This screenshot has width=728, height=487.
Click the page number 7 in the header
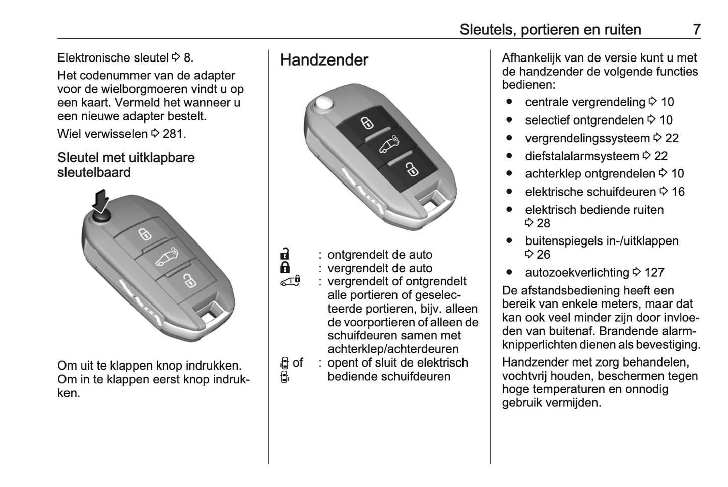point(696,29)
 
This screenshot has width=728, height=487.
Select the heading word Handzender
point(324,60)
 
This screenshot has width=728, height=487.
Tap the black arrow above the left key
point(101,200)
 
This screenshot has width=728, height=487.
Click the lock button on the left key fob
point(145,234)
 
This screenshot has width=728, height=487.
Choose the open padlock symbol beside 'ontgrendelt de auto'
point(285,254)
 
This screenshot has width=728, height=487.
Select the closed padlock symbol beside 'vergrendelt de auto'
point(285,267)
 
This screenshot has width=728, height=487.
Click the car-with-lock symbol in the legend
point(290,281)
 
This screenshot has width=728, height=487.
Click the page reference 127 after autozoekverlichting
point(654,273)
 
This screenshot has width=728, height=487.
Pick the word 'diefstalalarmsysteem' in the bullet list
point(582,156)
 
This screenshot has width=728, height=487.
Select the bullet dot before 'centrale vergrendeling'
point(510,102)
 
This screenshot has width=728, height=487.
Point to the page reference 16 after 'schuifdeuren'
point(678,192)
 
